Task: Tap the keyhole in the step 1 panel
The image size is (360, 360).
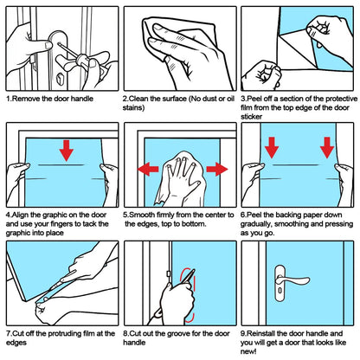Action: coord(60,79)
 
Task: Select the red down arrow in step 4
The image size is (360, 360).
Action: coord(67,151)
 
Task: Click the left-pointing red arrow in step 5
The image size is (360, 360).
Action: coord(148,169)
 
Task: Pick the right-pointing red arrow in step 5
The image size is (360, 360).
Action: coord(217,169)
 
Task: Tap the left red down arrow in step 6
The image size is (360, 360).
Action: coord(272,148)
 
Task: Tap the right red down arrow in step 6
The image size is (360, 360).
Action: coord(327,148)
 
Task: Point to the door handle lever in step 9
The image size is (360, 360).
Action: coord(292,280)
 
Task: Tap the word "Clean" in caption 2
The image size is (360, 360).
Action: coord(138,99)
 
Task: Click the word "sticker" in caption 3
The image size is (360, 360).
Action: coord(252,117)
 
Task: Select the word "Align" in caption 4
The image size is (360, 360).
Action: coord(20,215)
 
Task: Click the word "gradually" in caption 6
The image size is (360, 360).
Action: coord(256,224)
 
